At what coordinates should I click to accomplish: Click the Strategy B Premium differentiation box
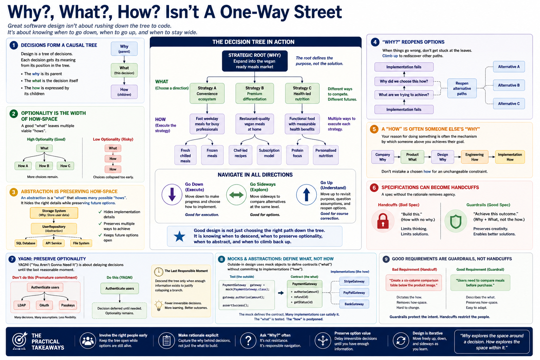pyautogui.click(x=255, y=93)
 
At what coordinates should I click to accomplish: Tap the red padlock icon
pyautogui.click(x=383, y=221)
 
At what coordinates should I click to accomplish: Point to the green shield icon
pyautogui.click(x=456, y=221)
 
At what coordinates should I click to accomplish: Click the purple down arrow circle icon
pyautogui.click(x=172, y=194)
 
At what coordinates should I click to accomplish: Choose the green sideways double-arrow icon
pyautogui.click(x=236, y=194)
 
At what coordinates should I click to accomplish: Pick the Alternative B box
pyautogui.click(x=509, y=85)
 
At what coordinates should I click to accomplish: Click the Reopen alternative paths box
pyautogui.click(x=462, y=88)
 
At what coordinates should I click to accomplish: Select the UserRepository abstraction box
pyautogui.click(x=54, y=229)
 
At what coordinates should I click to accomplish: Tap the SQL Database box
pyautogui.click(x=26, y=243)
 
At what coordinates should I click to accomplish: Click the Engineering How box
pyautogui.click(x=474, y=157)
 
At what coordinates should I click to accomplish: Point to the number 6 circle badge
pyautogui.click(x=374, y=187)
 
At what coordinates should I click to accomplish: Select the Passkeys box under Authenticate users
pyautogui.click(x=68, y=305)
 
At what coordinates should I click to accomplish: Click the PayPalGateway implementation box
pyautogui.click(x=354, y=292)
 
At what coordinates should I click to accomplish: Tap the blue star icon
pyautogui.click(x=179, y=236)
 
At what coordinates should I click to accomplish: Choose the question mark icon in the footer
pyautogui.click(x=248, y=340)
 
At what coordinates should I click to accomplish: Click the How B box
pyautogui.click(x=44, y=166)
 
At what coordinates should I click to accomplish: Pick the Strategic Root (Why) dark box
pyautogui.click(x=255, y=61)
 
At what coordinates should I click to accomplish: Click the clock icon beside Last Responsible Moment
pyautogui.click(x=159, y=272)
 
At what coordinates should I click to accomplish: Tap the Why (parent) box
pyautogui.click(x=124, y=49)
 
